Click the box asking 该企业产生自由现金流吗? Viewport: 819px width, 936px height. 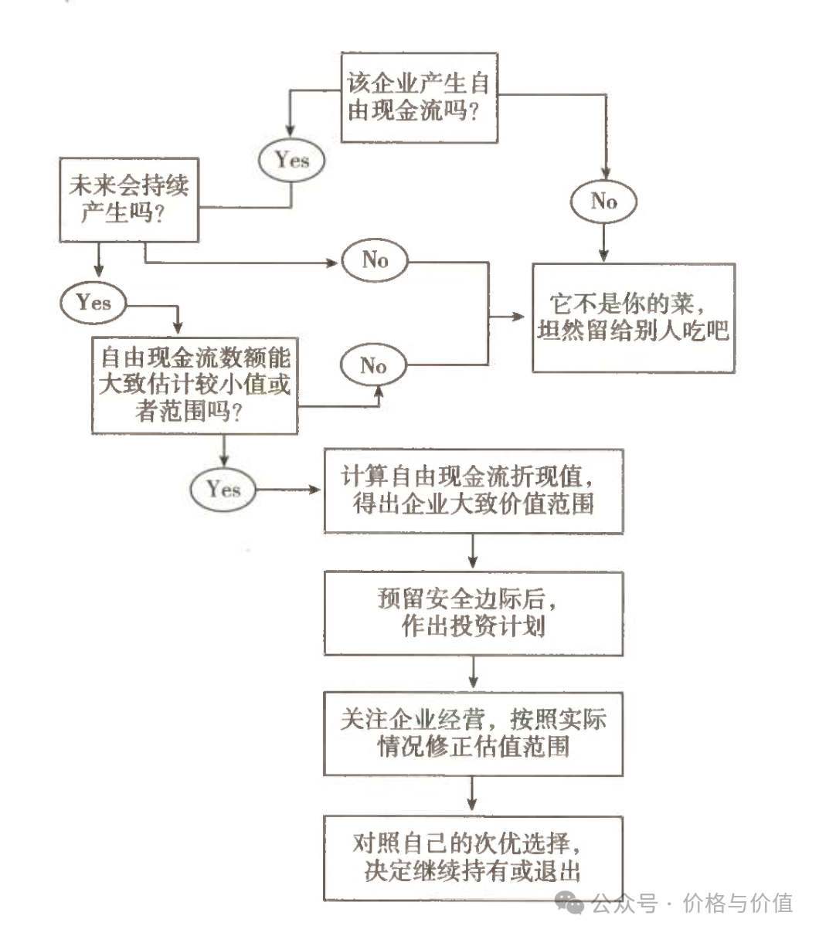[419, 97]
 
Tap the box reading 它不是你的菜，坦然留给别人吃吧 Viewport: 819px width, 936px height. [633, 317]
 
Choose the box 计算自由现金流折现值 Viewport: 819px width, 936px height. [473, 491]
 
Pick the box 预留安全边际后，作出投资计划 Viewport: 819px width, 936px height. [473, 613]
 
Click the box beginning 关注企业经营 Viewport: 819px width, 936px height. [473, 733]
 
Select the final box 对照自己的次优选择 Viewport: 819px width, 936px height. [473, 857]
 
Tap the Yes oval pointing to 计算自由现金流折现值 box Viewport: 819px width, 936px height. [223, 490]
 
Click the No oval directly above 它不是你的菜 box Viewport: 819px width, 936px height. [604, 202]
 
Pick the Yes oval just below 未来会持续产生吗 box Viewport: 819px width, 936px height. [93, 303]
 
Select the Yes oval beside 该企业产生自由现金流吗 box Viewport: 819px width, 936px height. [292, 160]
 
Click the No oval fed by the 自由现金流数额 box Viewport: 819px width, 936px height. [374, 365]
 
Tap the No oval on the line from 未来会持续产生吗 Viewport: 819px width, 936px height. [375, 260]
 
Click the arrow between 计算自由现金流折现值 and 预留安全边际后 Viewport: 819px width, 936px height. [473, 552]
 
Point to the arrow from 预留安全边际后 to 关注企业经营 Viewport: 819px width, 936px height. [473, 673]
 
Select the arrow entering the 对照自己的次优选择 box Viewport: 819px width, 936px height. [473, 795]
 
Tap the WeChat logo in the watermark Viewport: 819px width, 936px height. [572, 902]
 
